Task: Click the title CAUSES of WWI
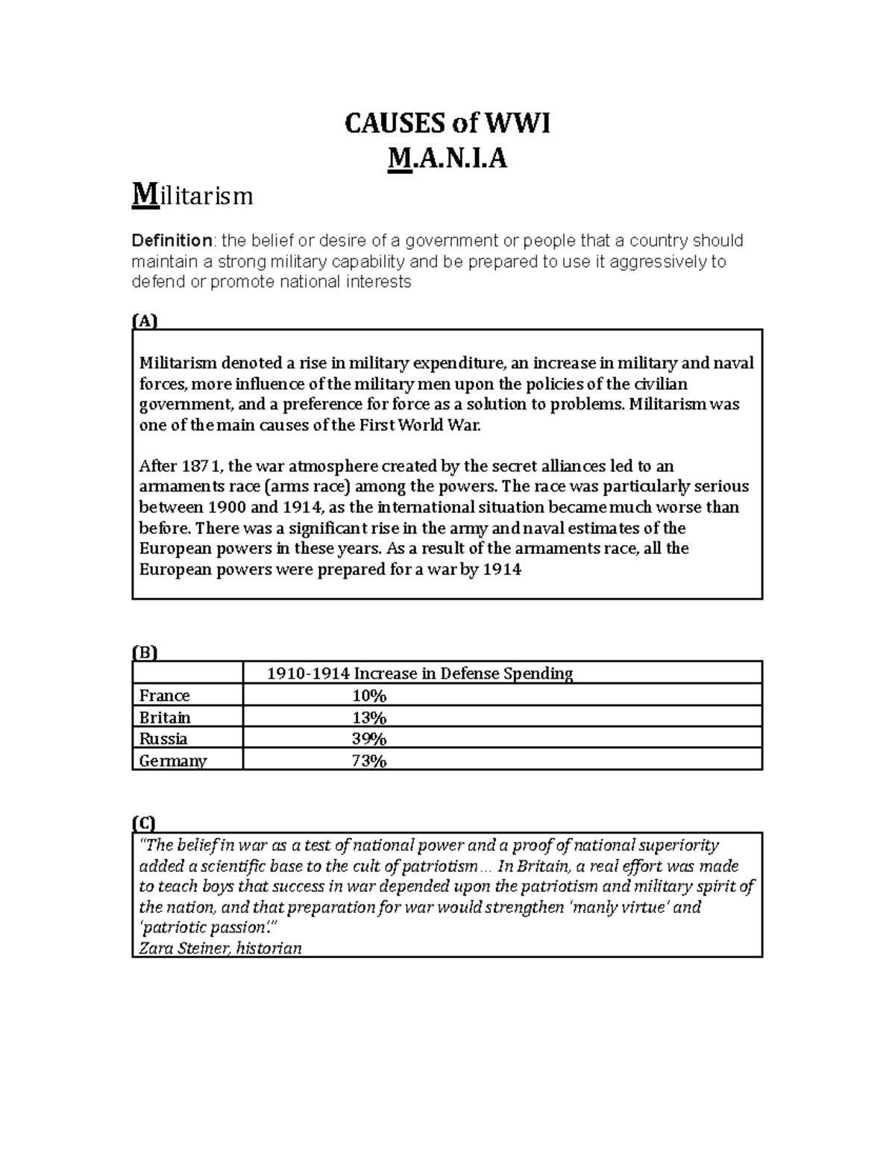click(x=447, y=124)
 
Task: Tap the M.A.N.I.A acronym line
click(x=447, y=158)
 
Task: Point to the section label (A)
click(x=145, y=321)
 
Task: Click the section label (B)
click(x=145, y=652)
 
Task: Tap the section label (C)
click(x=145, y=823)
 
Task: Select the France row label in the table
click(x=164, y=696)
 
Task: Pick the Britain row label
click(x=165, y=717)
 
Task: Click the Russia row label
click(x=163, y=739)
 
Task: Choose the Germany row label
click(x=173, y=761)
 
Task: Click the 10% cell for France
click(x=369, y=696)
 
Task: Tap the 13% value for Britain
click(x=369, y=717)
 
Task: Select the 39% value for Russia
click(x=369, y=739)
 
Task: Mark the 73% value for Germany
click(x=369, y=761)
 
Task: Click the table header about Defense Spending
click(x=420, y=673)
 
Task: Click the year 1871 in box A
click(x=201, y=467)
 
